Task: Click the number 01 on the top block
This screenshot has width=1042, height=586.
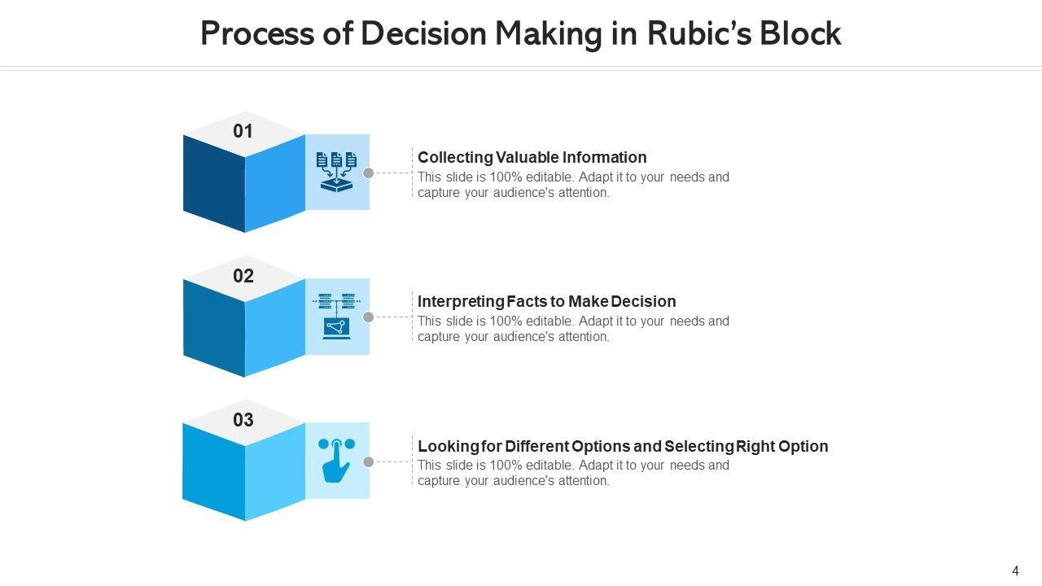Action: pyautogui.click(x=243, y=131)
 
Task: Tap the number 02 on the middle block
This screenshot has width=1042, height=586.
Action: pyautogui.click(x=243, y=276)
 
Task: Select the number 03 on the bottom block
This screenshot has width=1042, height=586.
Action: pyautogui.click(x=243, y=420)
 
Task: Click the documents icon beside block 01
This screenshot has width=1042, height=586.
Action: pyautogui.click(x=337, y=172)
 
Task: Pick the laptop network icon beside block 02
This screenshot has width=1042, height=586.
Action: pyautogui.click(x=337, y=316)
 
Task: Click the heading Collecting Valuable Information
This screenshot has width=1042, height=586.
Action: pyautogui.click(x=532, y=157)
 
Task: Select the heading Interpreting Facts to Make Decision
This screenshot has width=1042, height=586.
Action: pyautogui.click(x=546, y=301)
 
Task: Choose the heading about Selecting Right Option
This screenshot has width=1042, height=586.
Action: pyautogui.click(x=623, y=446)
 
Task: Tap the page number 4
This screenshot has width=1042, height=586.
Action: pyautogui.click(x=1015, y=571)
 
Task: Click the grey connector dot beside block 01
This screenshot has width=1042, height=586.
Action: pyautogui.click(x=368, y=173)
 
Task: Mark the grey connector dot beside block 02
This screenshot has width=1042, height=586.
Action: pyautogui.click(x=368, y=317)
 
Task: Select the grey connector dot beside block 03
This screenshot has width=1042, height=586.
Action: pyautogui.click(x=368, y=461)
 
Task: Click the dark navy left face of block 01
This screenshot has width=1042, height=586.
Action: pyautogui.click(x=214, y=183)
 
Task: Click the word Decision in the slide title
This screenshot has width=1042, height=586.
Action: pyautogui.click(x=424, y=34)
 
